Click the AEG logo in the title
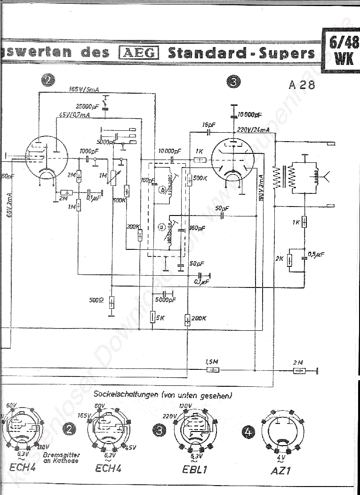tap(139, 52)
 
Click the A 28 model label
tap(302, 85)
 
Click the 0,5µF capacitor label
tap(316, 255)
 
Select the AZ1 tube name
tap(281, 470)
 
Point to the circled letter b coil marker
tap(162, 190)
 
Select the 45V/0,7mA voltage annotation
tap(75, 115)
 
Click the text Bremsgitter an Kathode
tap(61, 458)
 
